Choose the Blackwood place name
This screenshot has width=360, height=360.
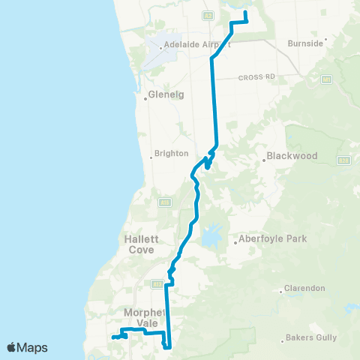coord(292,156)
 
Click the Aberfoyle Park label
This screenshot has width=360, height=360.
coord(263,240)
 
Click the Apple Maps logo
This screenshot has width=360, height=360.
coord(27,347)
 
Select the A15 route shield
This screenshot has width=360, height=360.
coord(163,202)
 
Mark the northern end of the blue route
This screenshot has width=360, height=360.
coord(245,12)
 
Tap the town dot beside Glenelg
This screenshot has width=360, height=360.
coord(145,97)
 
